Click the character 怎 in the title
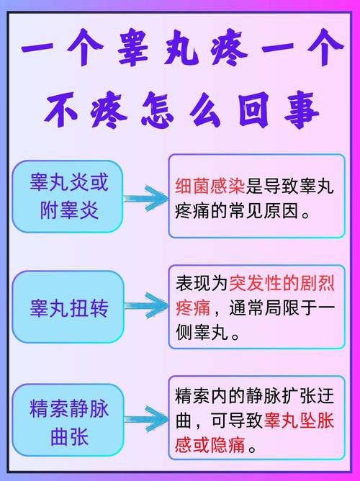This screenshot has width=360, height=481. click(x=157, y=110)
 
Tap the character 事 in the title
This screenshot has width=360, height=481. click(x=302, y=110)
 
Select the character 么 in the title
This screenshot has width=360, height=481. click(x=204, y=110)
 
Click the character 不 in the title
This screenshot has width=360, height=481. click(x=61, y=110)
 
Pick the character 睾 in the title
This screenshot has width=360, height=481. click(x=133, y=48)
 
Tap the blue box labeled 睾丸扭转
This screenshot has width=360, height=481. click(x=68, y=307)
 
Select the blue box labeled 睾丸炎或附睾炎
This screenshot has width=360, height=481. click(x=68, y=197)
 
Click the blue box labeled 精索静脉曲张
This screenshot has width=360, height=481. click(x=68, y=420)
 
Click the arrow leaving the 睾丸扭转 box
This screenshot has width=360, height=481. click(x=146, y=305)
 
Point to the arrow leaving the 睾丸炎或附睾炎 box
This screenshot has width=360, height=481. click(x=145, y=199)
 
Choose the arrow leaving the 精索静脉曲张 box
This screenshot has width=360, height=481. click(x=146, y=419)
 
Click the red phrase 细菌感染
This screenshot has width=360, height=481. click(x=210, y=186)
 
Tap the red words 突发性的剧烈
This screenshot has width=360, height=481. click(x=282, y=283)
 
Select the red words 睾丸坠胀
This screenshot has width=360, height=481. click(x=299, y=421)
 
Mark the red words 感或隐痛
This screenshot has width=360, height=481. click(x=210, y=445)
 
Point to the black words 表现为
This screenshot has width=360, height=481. click(x=202, y=283)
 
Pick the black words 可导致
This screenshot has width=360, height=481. click(x=237, y=421)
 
